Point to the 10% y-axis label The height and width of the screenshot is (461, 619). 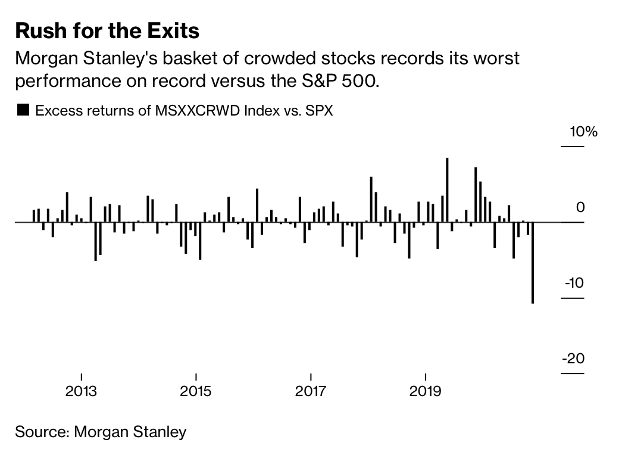point(583,132)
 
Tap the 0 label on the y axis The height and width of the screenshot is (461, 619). point(581,207)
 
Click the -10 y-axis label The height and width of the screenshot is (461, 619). point(575,283)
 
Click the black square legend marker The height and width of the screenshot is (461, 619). point(23,110)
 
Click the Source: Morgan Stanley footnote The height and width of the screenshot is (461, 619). point(101,431)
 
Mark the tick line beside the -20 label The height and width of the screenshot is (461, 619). point(573,374)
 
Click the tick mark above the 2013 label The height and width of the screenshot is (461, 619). point(81,376)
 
